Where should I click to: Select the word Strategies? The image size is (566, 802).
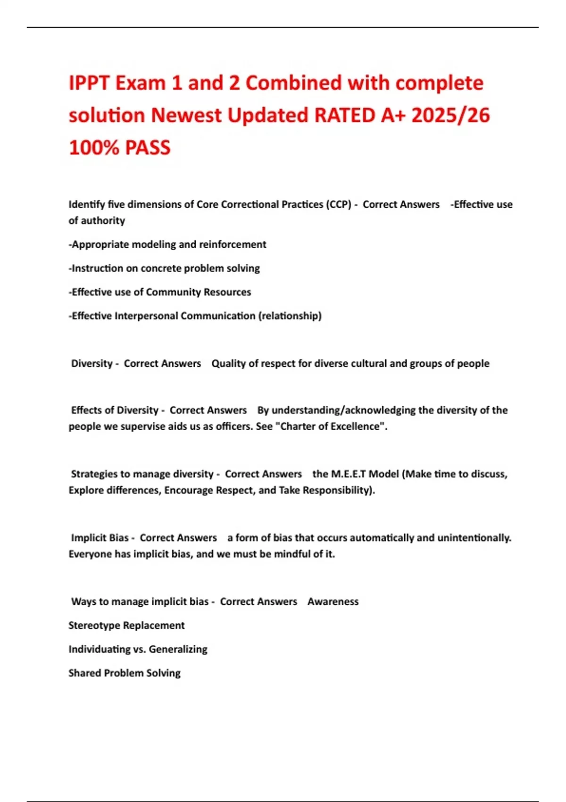pyautogui.click(x=94, y=474)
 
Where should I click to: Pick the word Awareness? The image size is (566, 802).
pyautogui.click(x=333, y=601)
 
